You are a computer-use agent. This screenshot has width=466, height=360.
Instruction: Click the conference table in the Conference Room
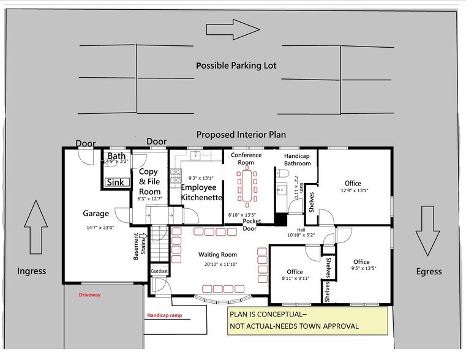[x=247, y=186]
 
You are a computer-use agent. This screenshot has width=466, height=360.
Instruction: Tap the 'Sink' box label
[x=115, y=182]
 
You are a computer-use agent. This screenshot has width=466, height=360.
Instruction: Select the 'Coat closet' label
[x=159, y=271]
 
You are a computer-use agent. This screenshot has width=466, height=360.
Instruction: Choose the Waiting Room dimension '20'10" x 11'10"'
[x=217, y=264]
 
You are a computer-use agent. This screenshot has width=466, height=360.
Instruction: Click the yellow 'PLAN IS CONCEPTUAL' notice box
[x=306, y=320]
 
